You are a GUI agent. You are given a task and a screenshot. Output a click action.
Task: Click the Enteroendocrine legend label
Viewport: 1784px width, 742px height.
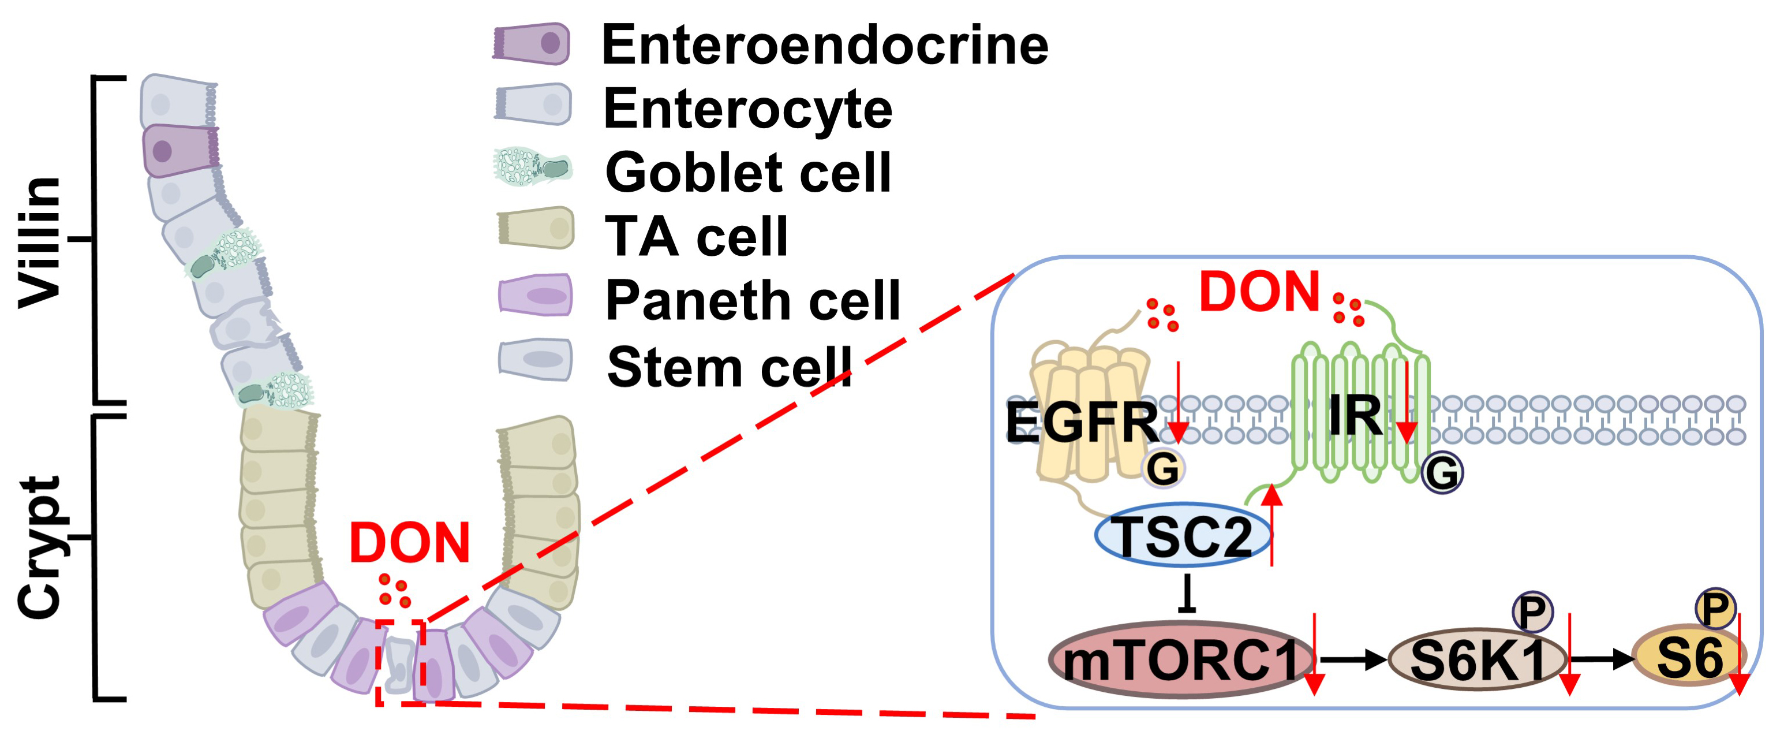(x=825, y=45)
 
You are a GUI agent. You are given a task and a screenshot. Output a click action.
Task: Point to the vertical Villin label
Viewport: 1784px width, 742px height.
(x=39, y=241)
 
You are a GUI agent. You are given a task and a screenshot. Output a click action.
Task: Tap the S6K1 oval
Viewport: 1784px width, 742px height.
(x=1477, y=660)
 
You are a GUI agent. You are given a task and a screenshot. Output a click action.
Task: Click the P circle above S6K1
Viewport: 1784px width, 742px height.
(x=1532, y=611)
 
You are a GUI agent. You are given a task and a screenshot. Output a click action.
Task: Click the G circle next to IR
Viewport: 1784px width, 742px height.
(x=1442, y=473)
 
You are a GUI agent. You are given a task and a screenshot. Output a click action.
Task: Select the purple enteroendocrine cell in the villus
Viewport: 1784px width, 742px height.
(x=180, y=150)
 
